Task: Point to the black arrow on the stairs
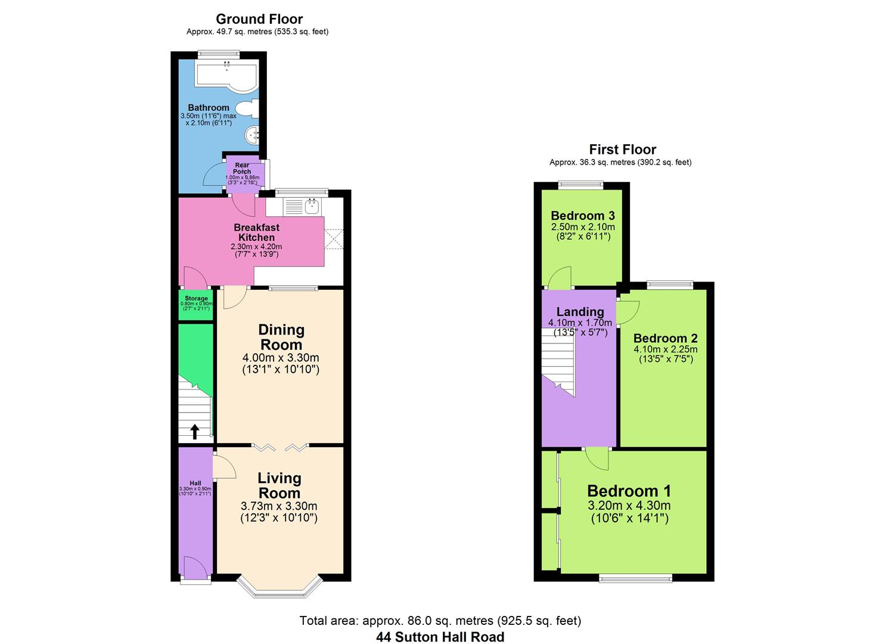click(x=195, y=431)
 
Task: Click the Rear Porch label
click(x=242, y=168)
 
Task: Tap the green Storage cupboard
click(x=196, y=304)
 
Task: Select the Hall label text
click(x=195, y=483)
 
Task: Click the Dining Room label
click(x=281, y=337)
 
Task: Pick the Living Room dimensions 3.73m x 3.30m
click(x=279, y=506)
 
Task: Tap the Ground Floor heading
click(x=259, y=19)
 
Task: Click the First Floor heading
click(x=622, y=150)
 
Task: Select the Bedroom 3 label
click(x=583, y=216)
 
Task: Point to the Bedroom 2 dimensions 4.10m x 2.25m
click(x=666, y=349)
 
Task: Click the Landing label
click(x=580, y=312)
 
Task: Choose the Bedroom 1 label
click(x=629, y=491)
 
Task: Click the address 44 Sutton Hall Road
click(x=440, y=637)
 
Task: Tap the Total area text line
click(x=440, y=621)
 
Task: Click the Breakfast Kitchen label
click(x=256, y=232)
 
